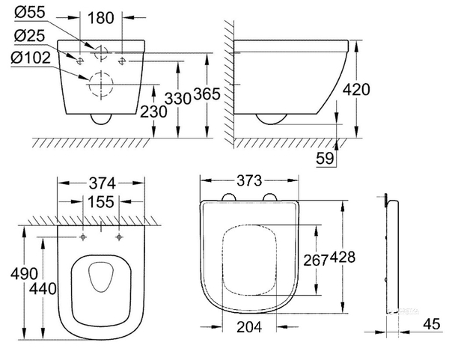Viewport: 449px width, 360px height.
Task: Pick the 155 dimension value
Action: (101, 204)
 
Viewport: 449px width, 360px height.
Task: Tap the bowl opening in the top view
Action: (100, 281)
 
